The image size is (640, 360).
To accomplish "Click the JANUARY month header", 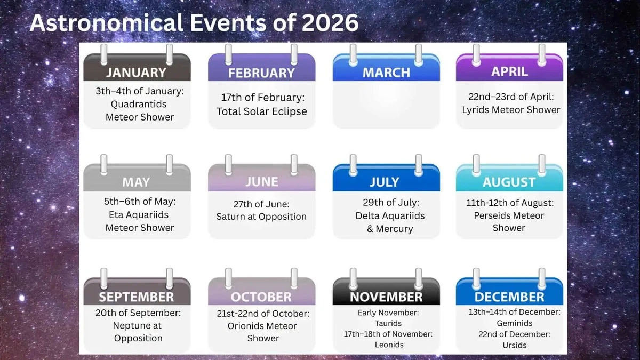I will tap(137, 72).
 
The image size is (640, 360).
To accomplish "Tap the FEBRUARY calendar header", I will tap(261, 73).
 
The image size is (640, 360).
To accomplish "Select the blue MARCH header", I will tap(386, 73).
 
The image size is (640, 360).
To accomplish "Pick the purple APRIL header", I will tap(509, 71).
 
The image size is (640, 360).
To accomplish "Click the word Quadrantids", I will tap(139, 104).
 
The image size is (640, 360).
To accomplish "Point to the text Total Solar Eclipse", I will tap(261, 111).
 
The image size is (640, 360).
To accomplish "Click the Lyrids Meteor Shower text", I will tap(511, 110).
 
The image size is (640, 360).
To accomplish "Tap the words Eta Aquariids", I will tap(137, 215).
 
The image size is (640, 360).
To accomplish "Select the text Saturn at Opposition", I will tap(261, 217).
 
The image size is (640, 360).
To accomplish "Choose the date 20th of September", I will tap(138, 313).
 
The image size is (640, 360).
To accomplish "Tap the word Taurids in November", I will tap(388, 323).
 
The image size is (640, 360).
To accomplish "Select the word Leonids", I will tap(389, 345).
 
